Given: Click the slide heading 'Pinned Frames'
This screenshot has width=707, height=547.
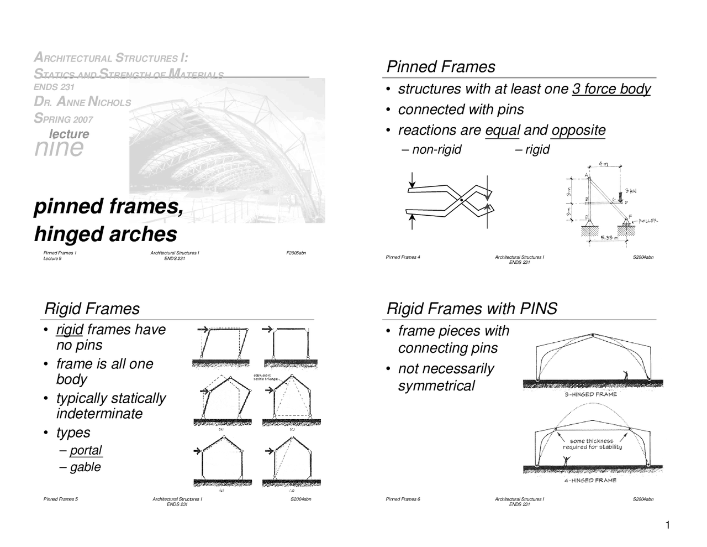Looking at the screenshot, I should pyautogui.click(x=440, y=67).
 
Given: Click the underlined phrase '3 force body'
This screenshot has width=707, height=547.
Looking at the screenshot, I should pyautogui.click(x=611, y=89).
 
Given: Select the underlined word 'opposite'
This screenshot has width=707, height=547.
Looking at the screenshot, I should pyautogui.click(x=578, y=131).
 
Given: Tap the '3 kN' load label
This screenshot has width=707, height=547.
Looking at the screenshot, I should pyautogui.click(x=630, y=191).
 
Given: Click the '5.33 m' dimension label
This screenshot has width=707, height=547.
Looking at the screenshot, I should pyautogui.click(x=610, y=238).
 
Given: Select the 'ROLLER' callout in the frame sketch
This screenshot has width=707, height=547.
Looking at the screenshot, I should pyautogui.click(x=647, y=221).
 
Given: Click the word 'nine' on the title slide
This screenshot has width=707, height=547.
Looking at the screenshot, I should pyautogui.click(x=59, y=148).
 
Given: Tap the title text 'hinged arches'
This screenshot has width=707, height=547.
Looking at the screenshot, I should pyautogui.click(x=105, y=234).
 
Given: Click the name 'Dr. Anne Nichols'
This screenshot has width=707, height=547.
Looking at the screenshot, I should pyautogui.click(x=82, y=102).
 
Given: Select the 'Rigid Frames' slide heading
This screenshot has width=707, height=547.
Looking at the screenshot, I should pyautogui.click(x=92, y=309).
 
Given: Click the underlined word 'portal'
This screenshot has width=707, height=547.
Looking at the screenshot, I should pyautogui.click(x=86, y=450).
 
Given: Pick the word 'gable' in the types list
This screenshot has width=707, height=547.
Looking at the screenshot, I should pyautogui.click(x=85, y=467).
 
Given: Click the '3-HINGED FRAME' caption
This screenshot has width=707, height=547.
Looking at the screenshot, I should pyautogui.click(x=590, y=394).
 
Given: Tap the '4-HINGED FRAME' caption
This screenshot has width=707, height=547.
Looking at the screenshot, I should pyautogui.click(x=590, y=481).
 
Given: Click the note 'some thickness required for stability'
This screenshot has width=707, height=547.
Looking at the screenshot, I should pyautogui.click(x=592, y=444).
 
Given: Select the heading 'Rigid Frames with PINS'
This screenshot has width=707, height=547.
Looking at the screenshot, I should pyautogui.click(x=472, y=309).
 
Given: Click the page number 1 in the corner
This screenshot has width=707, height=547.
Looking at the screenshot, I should pyautogui.click(x=667, y=525).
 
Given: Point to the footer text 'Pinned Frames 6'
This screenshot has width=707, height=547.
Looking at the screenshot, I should pyautogui.click(x=403, y=499).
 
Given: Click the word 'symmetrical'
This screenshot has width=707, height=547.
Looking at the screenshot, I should pyautogui.click(x=436, y=386).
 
